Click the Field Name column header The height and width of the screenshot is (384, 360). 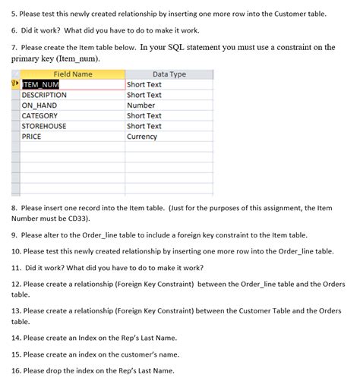73,74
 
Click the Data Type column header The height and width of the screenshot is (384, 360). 169,74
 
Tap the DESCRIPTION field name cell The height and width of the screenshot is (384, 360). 44,96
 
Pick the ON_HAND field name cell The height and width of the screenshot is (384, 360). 39,105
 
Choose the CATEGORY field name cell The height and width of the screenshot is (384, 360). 39,116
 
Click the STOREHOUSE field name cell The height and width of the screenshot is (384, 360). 44,126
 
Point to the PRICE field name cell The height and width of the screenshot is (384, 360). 32,137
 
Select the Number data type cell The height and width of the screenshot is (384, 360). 141,105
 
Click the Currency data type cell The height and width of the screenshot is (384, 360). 144,137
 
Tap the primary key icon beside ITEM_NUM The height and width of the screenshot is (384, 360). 16,85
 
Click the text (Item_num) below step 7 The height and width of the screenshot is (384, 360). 78,59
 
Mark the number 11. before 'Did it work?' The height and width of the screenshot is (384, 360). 17,267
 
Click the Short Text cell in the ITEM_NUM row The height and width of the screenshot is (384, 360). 144,85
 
